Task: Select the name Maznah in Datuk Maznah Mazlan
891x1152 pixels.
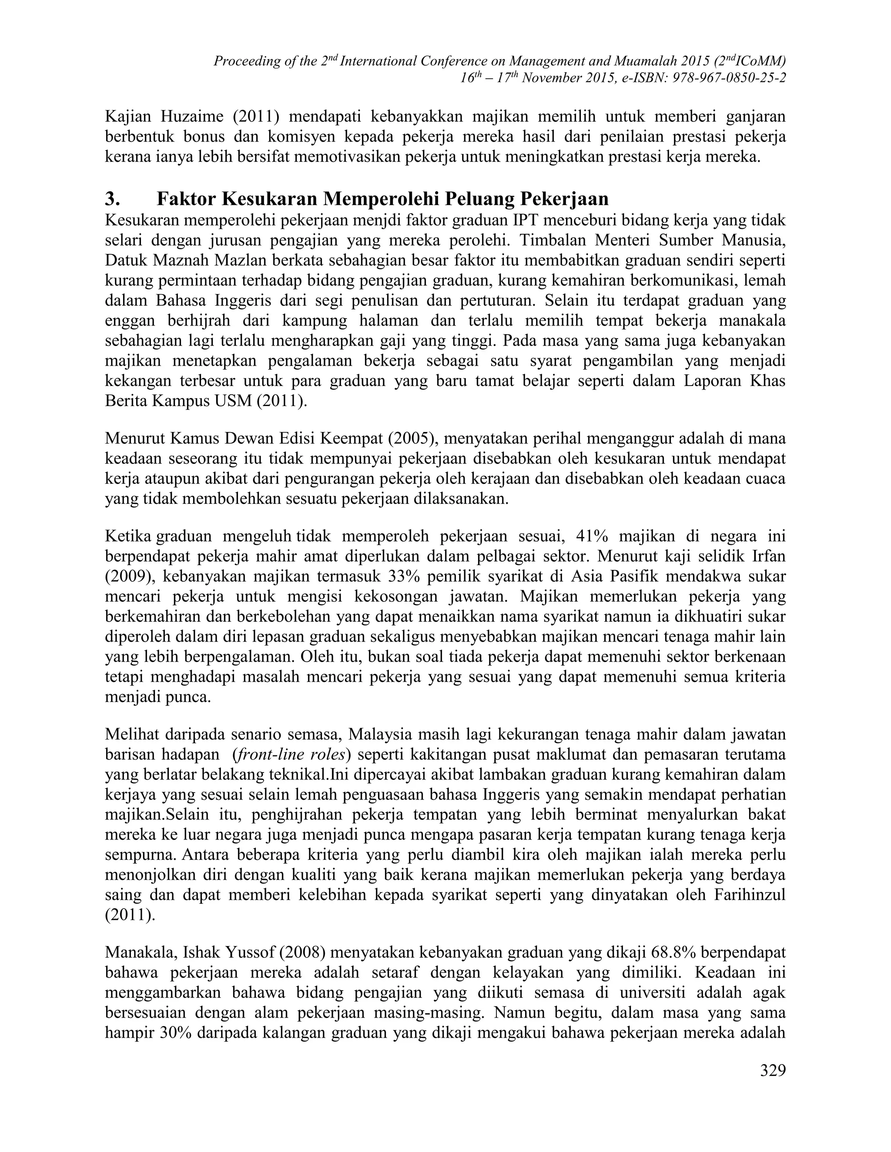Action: [x=183, y=260]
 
